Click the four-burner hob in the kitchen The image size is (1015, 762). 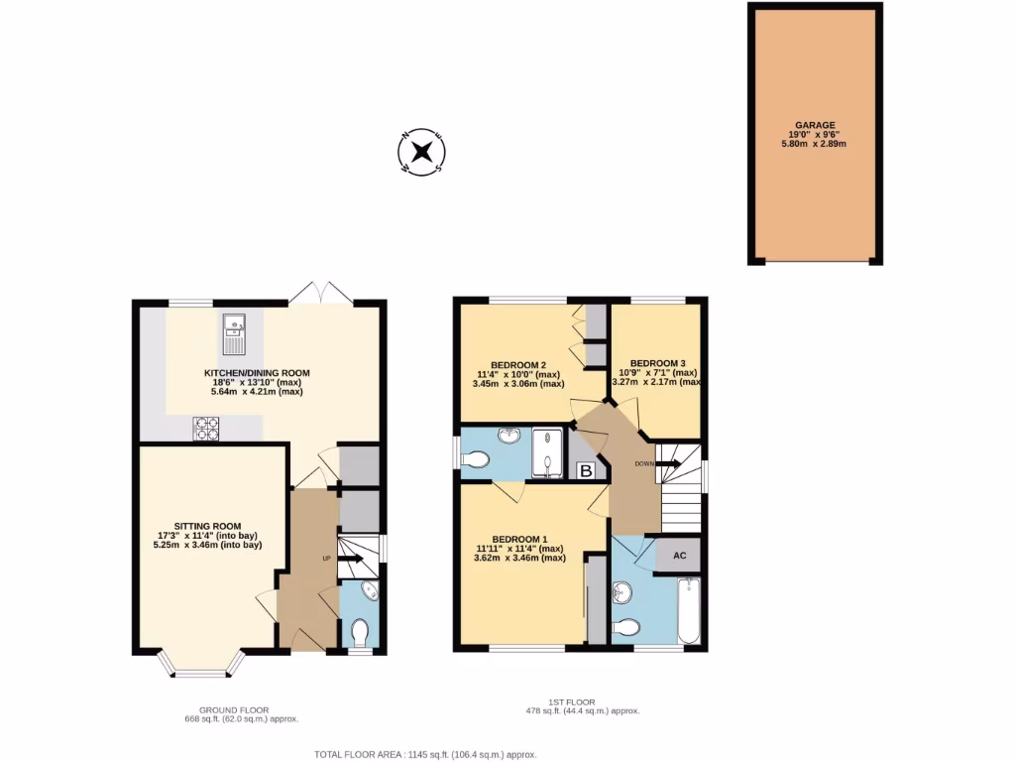206,429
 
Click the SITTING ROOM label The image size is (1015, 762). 208,526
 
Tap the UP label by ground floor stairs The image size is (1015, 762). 326,559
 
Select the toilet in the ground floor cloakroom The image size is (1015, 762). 360,630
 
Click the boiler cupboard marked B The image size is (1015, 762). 586,470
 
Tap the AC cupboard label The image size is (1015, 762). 680,556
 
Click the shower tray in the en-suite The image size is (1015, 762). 547,452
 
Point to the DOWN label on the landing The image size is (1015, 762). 644,463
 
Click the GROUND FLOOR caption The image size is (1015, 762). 234,710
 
